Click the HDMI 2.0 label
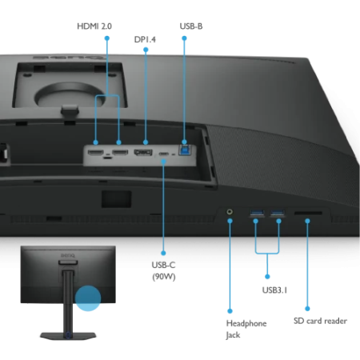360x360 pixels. (x=94, y=26)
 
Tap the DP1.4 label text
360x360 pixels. (x=145, y=39)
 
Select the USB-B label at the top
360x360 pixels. (x=191, y=26)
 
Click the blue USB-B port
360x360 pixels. (x=185, y=150)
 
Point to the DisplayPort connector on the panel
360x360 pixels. (x=143, y=152)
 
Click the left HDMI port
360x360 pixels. (x=95, y=153)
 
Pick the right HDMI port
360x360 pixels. (x=120, y=152)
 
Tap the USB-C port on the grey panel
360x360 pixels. (x=163, y=154)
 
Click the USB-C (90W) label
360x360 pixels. (x=163, y=270)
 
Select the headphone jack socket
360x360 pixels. (x=230, y=212)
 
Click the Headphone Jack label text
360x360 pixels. (x=246, y=329)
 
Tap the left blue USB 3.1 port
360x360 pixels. (x=257, y=213)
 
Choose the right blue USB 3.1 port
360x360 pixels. (x=278, y=213)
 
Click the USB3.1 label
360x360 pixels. (x=274, y=290)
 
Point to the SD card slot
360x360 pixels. (x=308, y=213)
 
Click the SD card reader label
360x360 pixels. (x=320, y=321)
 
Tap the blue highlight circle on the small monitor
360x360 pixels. (x=88, y=298)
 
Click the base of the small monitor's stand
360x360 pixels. (x=68, y=336)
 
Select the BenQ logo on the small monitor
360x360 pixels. (x=68, y=255)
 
